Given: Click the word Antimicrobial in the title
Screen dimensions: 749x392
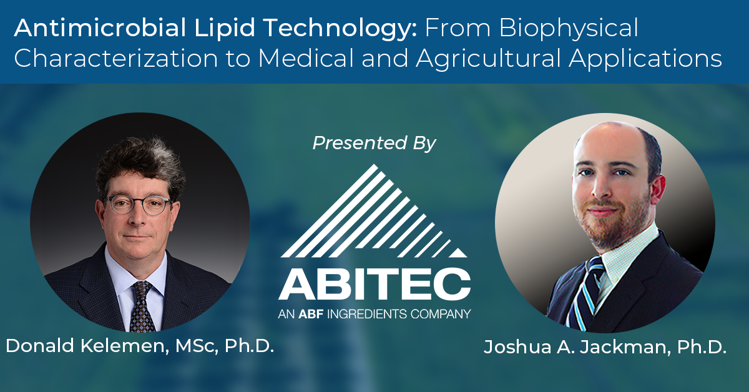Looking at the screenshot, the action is click(100, 27).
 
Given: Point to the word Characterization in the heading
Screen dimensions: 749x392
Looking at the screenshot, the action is click(115, 59).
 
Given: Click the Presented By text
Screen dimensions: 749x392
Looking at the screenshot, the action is click(374, 144).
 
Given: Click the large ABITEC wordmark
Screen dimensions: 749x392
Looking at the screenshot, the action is click(374, 283).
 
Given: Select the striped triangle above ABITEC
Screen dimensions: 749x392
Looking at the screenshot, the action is click(374, 211).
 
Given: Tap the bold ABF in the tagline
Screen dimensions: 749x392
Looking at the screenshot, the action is click(311, 314).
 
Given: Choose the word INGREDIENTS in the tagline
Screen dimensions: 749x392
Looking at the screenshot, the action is click(367, 314).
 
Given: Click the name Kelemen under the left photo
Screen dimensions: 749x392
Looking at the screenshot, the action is click(124, 346).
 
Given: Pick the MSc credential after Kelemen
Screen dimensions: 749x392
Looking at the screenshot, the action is click(197, 346).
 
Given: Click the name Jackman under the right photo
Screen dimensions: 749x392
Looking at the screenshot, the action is click(625, 348).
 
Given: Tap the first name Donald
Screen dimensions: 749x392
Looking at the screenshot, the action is click(40, 346).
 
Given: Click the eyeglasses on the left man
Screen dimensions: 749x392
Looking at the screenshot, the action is click(138, 205).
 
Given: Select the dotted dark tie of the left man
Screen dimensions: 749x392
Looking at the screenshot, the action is click(142, 306).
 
